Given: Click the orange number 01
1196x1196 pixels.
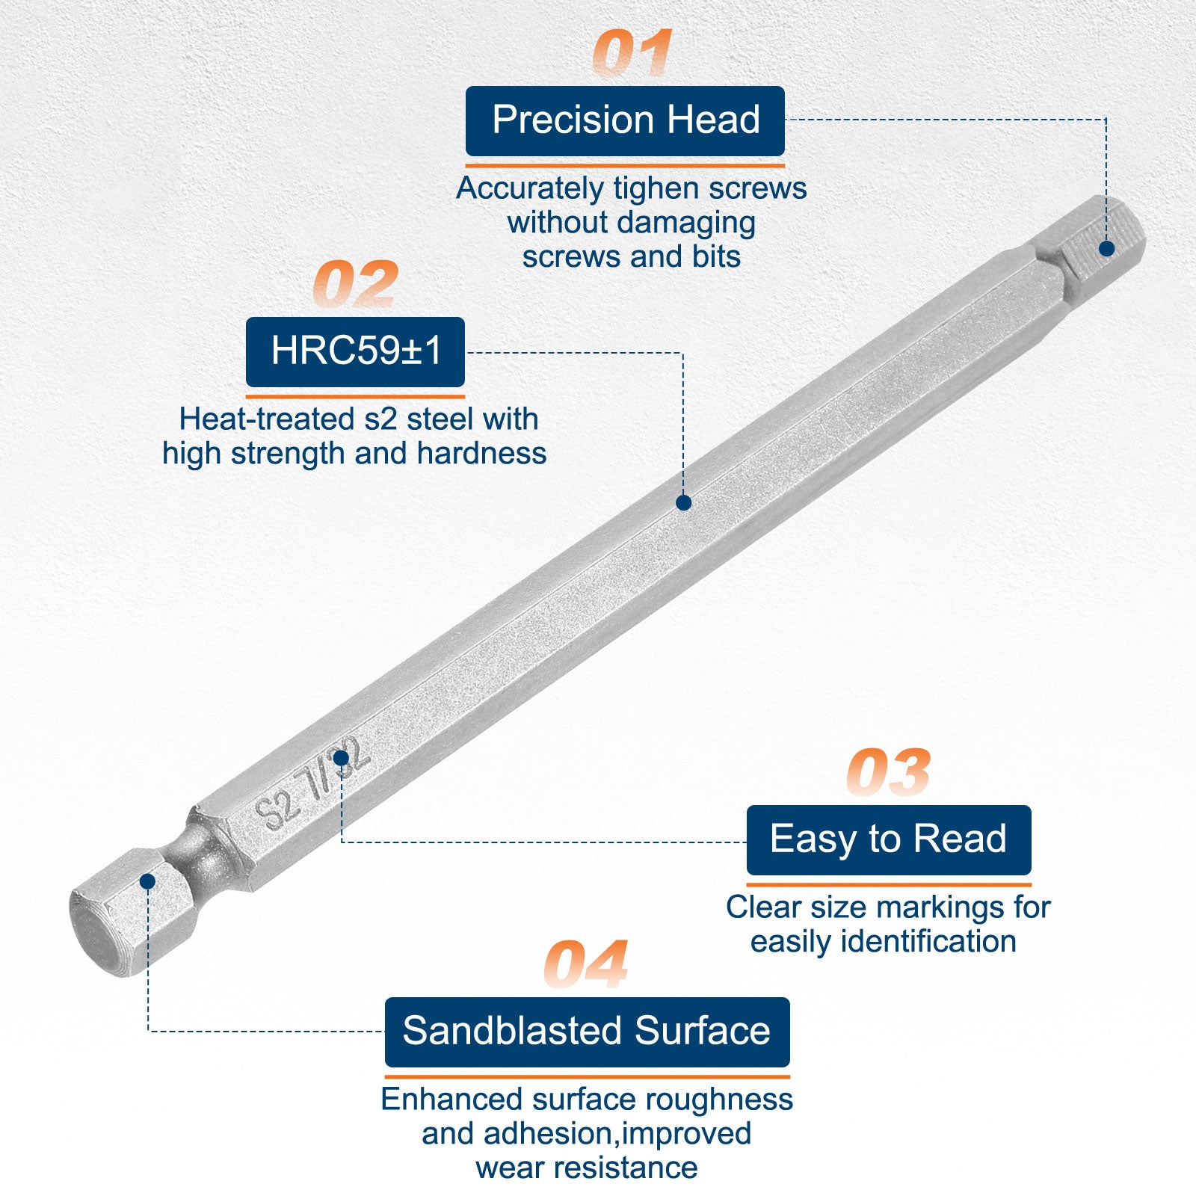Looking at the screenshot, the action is pyautogui.click(x=632, y=53).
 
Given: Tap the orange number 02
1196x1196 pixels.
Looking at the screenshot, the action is pyautogui.click(x=356, y=284).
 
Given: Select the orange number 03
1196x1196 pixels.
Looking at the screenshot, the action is pyautogui.click(x=889, y=772).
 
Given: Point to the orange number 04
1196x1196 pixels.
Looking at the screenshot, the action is pyautogui.click(x=586, y=964).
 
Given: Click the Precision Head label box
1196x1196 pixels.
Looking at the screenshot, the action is pyautogui.click(x=625, y=121).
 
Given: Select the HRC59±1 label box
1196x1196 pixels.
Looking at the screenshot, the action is pyautogui.click(x=355, y=351).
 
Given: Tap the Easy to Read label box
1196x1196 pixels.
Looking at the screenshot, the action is pyautogui.click(x=889, y=839).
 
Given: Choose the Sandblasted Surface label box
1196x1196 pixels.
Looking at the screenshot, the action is pyautogui.click(x=587, y=1032).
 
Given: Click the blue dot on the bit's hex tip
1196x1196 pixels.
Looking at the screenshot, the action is pyautogui.click(x=1107, y=248).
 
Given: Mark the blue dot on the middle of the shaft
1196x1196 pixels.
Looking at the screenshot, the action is pyautogui.click(x=683, y=503).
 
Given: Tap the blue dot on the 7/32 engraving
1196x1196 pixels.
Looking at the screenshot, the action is pyautogui.click(x=341, y=758).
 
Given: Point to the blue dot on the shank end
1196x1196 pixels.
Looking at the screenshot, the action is pyautogui.click(x=147, y=881).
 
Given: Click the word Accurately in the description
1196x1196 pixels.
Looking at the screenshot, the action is pyautogui.click(x=529, y=189).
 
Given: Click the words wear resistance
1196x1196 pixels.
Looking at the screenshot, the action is pyautogui.click(x=587, y=1168).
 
